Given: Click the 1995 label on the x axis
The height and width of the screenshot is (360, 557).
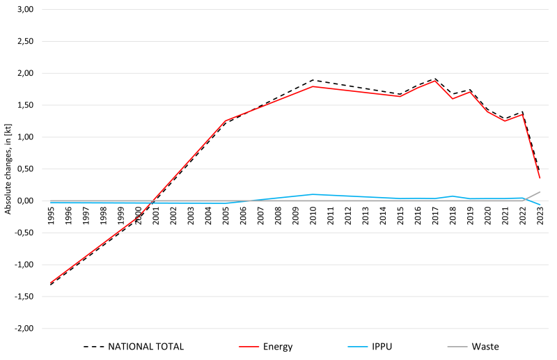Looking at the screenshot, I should point(52,214).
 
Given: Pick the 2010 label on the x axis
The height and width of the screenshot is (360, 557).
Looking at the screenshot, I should point(313,214).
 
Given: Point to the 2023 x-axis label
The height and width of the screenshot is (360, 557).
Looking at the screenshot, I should point(540,214).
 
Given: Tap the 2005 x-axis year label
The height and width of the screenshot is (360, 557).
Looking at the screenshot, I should point(226,214).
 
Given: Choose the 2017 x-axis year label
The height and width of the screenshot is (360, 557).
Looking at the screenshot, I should point(436,214).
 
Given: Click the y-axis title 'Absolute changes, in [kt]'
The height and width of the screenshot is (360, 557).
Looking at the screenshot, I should point(8,167).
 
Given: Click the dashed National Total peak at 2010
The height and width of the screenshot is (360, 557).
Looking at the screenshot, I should point(313,80).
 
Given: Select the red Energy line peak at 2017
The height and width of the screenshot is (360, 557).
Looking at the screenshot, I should point(436,81).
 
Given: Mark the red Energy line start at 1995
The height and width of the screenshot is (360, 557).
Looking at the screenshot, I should point(52,282).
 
